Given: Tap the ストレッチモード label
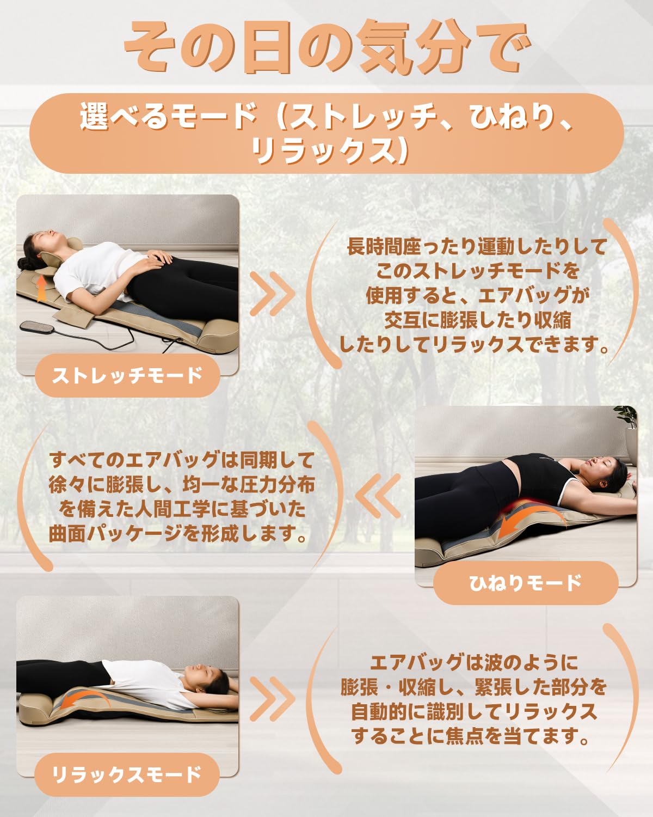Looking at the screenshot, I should pyautogui.click(x=127, y=375).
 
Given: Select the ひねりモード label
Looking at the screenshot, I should pyautogui.click(x=525, y=583).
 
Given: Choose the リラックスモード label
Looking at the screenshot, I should pyautogui.click(x=127, y=775).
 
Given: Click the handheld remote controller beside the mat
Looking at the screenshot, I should pyautogui.click(x=37, y=327).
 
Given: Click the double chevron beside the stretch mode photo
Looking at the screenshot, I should pyautogui.click(x=272, y=294).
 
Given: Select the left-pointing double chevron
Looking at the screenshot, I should pyautogui.click(x=378, y=495).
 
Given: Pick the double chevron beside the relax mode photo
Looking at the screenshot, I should pyautogui.click(x=272, y=699).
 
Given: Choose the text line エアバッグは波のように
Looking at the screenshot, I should pyautogui.click(x=473, y=663).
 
